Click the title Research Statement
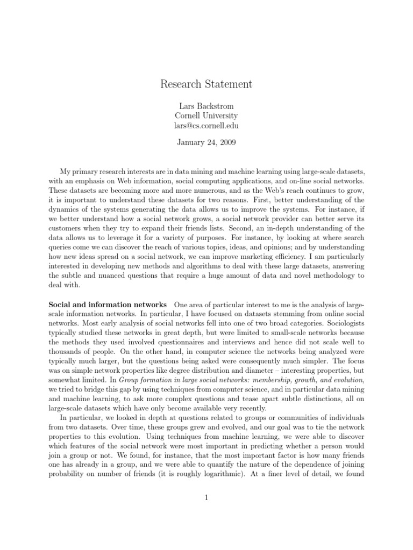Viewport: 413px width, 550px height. (206, 84)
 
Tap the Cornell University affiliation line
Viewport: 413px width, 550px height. (206, 115)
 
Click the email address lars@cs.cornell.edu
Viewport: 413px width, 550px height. (206, 126)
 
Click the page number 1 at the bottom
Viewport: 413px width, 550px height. (206, 498)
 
